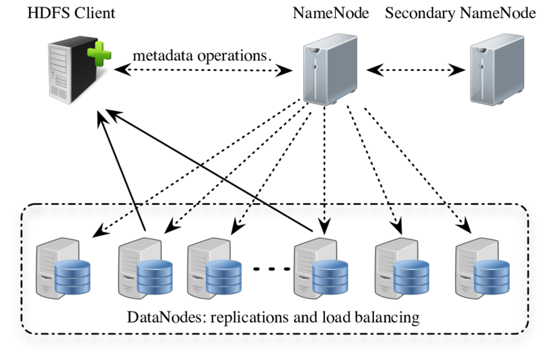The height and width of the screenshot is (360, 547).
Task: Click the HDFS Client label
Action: tap(71, 13)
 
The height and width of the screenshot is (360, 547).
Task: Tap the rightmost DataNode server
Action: tap(479, 264)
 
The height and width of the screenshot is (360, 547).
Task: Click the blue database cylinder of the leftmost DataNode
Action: tap(73, 275)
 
